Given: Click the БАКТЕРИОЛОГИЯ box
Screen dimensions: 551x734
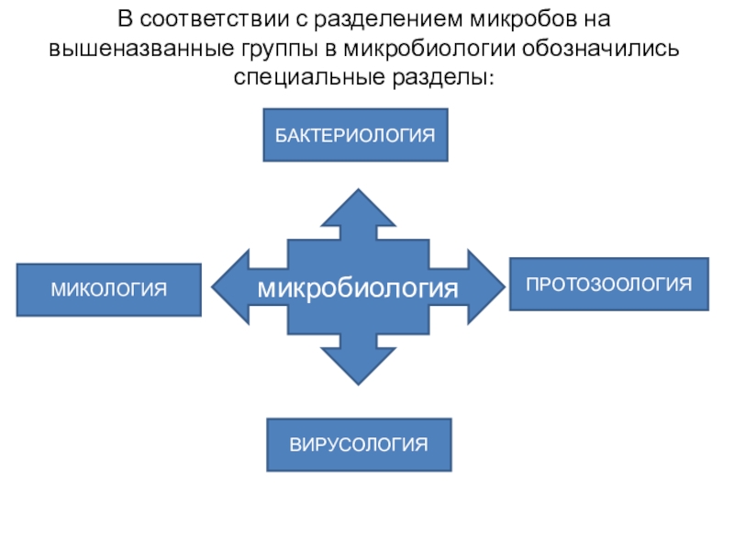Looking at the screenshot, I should tap(356, 136).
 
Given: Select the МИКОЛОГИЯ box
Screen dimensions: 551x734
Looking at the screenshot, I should tap(108, 290).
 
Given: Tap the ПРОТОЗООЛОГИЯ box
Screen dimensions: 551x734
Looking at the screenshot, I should tap(608, 284).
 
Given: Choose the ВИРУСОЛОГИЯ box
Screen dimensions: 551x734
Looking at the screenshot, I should tap(359, 445).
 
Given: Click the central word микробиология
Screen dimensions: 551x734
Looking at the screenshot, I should tap(357, 288).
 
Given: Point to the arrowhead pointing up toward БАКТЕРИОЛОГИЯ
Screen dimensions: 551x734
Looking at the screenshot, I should tap(358, 208).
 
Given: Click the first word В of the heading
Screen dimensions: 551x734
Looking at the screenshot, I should tap(124, 18).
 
